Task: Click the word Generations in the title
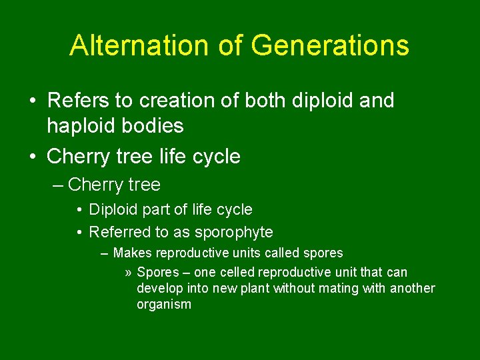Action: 330,45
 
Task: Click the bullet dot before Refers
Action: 33,101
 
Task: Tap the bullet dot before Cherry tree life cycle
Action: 33,157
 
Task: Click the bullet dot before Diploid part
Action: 79,210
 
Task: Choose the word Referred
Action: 117,232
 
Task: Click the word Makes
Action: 133,253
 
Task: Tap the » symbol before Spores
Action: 128,273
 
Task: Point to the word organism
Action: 164,305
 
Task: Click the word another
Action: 412,289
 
